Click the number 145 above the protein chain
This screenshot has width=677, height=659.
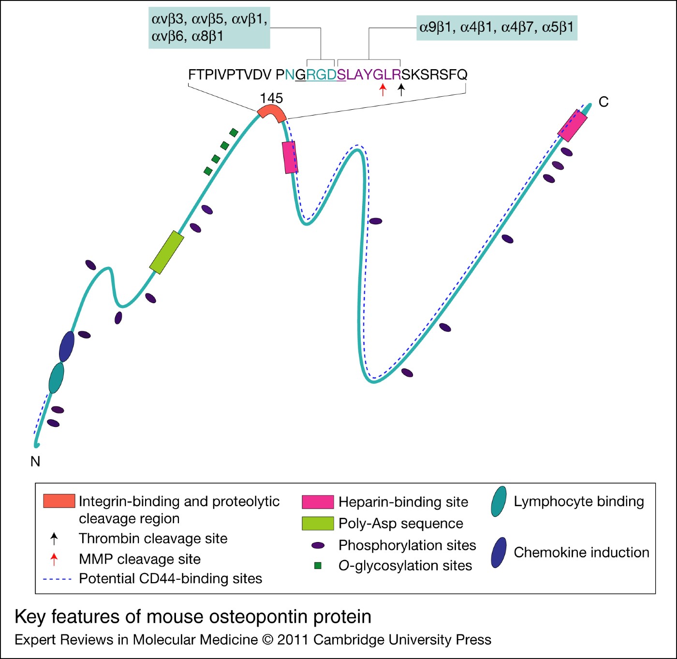[x=271, y=98]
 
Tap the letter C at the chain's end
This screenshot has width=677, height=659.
[x=603, y=102]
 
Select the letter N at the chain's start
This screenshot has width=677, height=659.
[x=35, y=461]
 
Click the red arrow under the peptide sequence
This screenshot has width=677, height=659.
[x=383, y=89]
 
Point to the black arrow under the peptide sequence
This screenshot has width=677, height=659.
[x=401, y=89]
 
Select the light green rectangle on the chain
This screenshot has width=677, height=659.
[x=166, y=252]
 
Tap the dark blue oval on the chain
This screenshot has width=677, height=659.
[x=67, y=346]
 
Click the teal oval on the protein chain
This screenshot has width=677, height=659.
[x=57, y=378]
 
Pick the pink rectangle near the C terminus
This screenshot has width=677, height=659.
[x=573, y=125]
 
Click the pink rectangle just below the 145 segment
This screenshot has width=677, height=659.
[x=290, y=157]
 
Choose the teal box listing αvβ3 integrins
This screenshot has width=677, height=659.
[x=209, y=28]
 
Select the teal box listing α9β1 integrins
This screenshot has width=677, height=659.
[x=497, y=27]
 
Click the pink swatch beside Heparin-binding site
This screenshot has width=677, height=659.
[x=318, y=502]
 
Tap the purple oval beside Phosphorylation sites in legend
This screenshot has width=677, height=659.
[x=318, y=545]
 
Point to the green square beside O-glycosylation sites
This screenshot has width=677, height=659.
[x=318, y=565]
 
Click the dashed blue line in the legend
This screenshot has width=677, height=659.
[x=57, y=579]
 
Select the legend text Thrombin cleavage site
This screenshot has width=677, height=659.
[x=153, y=538]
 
